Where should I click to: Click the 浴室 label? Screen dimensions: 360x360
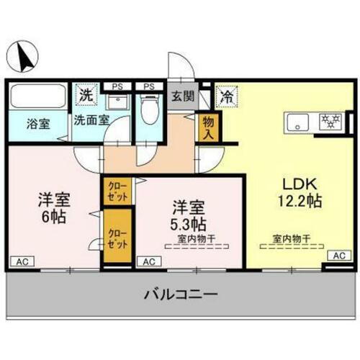click(39, 123)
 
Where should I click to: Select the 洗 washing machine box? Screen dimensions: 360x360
click(86, 94)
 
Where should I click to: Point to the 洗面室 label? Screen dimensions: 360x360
click(91, 120)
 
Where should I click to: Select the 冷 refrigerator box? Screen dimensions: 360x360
click(226, 94)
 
